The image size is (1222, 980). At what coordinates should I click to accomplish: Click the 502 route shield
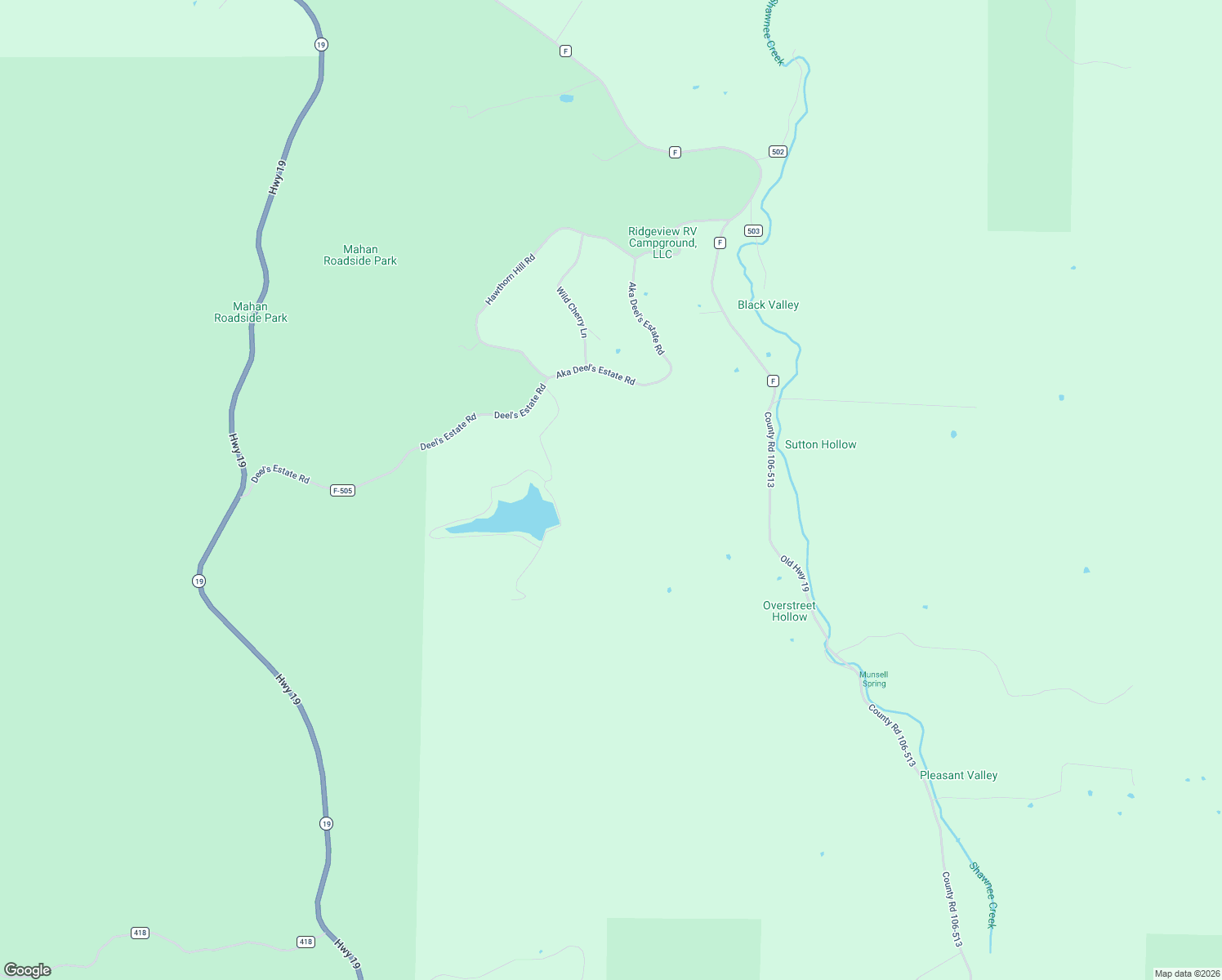click(777, 152)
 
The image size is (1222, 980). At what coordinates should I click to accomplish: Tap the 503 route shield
click(753, 231)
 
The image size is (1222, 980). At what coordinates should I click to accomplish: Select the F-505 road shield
click(342, 491)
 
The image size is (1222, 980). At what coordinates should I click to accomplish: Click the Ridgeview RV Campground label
click(662, 243)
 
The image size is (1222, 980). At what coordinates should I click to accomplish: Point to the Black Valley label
click(768, 305)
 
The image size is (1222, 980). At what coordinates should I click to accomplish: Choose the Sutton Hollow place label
click(820, 444)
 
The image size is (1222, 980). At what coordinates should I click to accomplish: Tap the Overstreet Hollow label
click(789, 611)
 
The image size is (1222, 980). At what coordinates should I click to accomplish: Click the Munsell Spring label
click(873, 679)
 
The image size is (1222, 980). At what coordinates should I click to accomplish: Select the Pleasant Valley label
click(958, 775)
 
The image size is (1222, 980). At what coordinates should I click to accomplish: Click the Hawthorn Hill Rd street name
click(510, 280)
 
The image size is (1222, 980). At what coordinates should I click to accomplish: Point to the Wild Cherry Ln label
click(572, 312)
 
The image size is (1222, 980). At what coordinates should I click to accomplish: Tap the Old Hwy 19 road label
click(794, 573)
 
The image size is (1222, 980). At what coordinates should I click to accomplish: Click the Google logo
click(28, 970)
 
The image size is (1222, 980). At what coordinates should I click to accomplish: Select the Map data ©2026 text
click(1185, 973)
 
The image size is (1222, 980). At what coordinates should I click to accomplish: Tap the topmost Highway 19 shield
click(321, 45)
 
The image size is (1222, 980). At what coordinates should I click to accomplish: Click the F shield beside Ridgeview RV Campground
click(720, 243)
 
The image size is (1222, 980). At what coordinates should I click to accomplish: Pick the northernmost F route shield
click(565, 51)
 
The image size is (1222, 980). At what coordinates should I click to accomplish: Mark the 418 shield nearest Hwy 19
click(305, 942)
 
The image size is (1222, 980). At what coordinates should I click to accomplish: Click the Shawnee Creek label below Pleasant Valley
click(983, 895)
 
